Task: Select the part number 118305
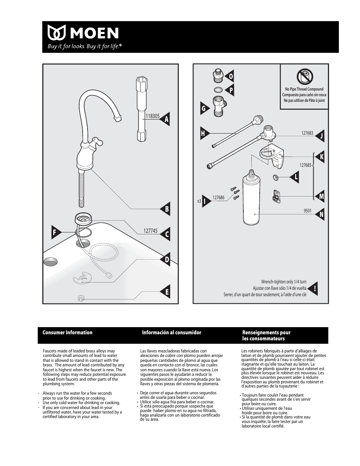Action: tap(152, 117)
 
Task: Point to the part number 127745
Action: tap(150, 231)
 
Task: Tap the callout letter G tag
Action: tap(204, 109)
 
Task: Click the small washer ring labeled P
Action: tap(218, 90)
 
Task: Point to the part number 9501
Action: tap(308, 211)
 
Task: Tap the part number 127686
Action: tap(218, 198)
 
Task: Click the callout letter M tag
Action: tap(321, 196)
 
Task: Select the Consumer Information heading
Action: tap(68, 332)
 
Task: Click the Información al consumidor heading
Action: tap(171, 332)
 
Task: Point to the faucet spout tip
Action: tap(118, 119)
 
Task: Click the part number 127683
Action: tap(307, 133)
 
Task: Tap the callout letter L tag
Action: tap(295, 177)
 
